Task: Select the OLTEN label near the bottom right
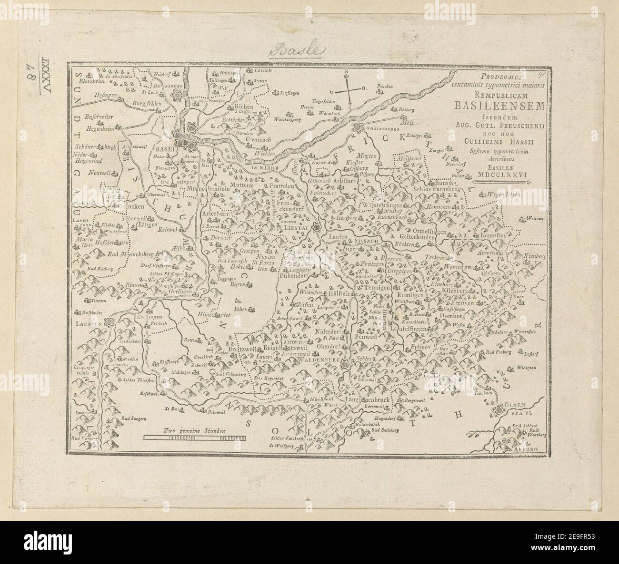514,405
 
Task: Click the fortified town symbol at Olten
499,410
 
